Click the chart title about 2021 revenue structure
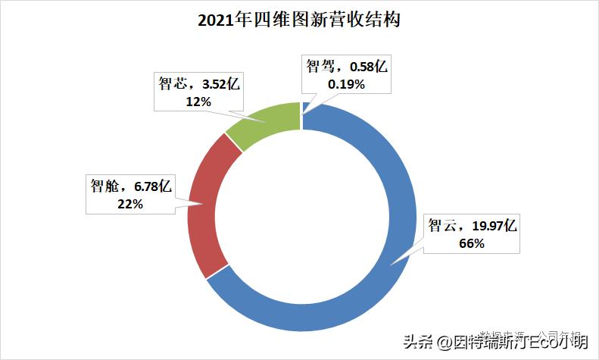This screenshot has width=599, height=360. [298, 20]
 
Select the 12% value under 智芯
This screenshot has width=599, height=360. [198, 101]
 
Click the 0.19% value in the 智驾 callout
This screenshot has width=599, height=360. [346, 85]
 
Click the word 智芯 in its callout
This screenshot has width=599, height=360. [170, 83]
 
